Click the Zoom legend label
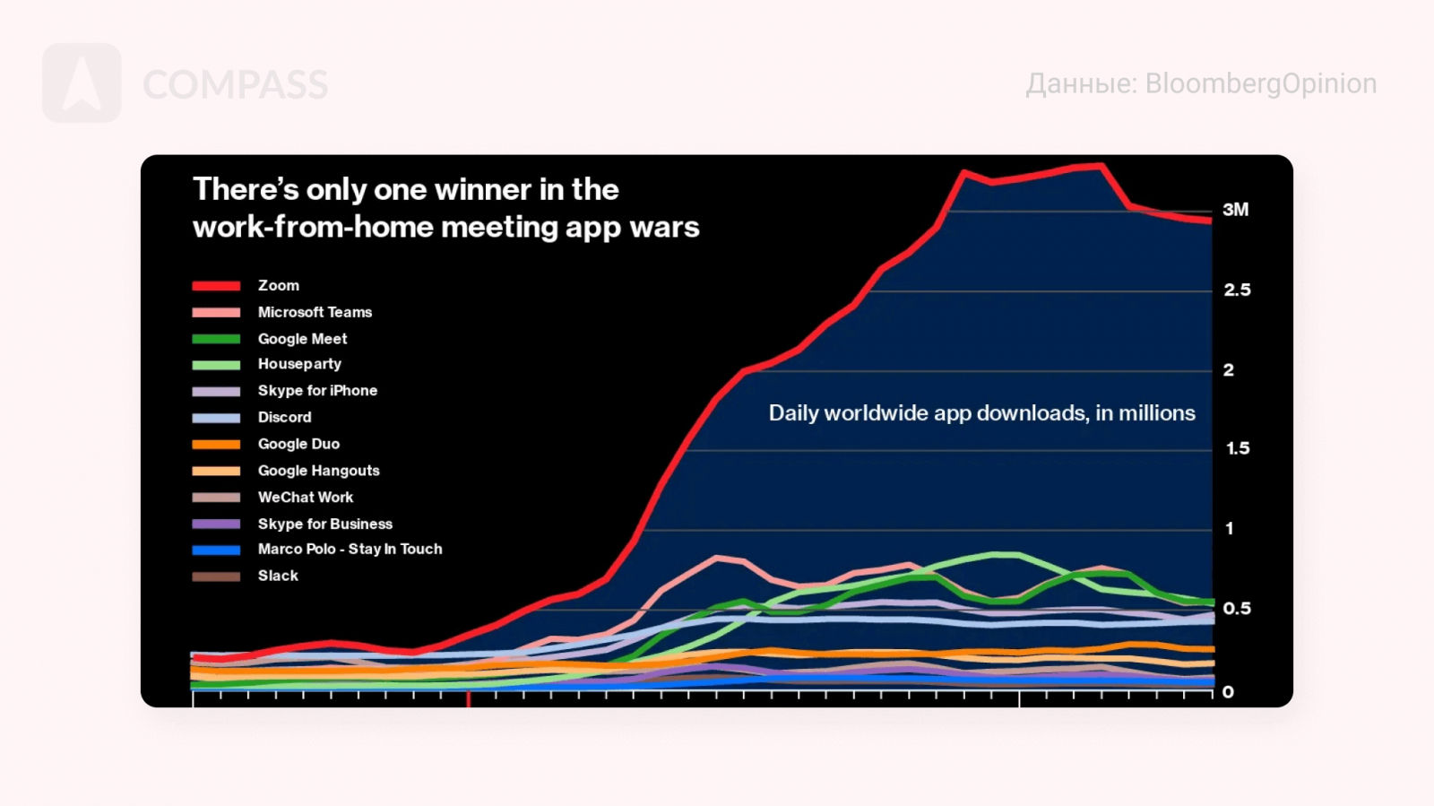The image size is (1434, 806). (x=278, y=285)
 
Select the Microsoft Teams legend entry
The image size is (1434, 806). (x=315, y=312)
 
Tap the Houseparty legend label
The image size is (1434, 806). (x=299, y=364)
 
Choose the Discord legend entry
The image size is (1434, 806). (x=284, y=417)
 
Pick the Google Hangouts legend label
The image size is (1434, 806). (x=318, y=471)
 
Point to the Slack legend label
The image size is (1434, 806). (x=278, y=576)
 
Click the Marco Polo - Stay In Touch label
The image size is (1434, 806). (x=350, y=549)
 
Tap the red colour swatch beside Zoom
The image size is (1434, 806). (x=216, y=286)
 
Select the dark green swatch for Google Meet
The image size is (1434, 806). (x=216, y=339)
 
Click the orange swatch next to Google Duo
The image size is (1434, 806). (x=216, y=444)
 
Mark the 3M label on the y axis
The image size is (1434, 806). (x=1235, y=210)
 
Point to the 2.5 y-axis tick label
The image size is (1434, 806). (x=1237, y=290)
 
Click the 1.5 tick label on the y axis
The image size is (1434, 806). (x=1238, y=448)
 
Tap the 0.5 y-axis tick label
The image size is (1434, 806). (x=1237, y=609)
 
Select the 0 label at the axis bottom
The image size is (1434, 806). (x=1228, y=692)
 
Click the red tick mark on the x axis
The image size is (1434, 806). (x=468, y=699)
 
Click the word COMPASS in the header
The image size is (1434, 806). (x=235, y=85)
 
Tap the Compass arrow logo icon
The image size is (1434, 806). (x=82, y=83)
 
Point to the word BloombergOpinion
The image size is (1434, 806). (x=1261, y=83)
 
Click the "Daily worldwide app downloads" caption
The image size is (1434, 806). (x=981, y=413)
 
